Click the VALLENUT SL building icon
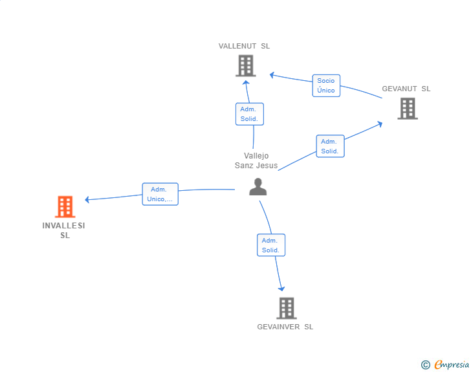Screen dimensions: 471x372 (246, 65)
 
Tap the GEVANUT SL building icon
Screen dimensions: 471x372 (408, 109)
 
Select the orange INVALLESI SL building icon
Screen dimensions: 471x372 (65, 207)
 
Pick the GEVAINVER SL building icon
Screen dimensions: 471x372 (287, 309)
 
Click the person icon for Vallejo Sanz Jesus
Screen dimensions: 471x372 (257, 186)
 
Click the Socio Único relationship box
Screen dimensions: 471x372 (326, 85)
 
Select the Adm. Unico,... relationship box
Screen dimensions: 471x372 (160, 194)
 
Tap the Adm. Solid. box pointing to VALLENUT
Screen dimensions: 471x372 (250, 114)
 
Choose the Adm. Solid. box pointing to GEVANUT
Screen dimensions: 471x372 (330, 146)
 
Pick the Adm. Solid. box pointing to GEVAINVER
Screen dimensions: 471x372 (271, 245)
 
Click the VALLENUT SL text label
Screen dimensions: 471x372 (244, 46)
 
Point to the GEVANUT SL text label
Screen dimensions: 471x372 (406, 89)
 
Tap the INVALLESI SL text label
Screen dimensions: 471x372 (63, 230)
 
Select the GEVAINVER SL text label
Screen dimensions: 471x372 (285, 327)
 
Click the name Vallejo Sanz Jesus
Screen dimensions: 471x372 (256, 160)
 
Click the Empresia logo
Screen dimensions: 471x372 (452, 364)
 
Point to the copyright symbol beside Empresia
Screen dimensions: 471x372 (426, 365)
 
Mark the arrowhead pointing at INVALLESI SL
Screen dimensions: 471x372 (87, 199)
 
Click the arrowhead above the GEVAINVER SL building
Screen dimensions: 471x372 (281, 289)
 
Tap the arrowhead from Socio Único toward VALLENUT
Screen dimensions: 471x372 (272, 75)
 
